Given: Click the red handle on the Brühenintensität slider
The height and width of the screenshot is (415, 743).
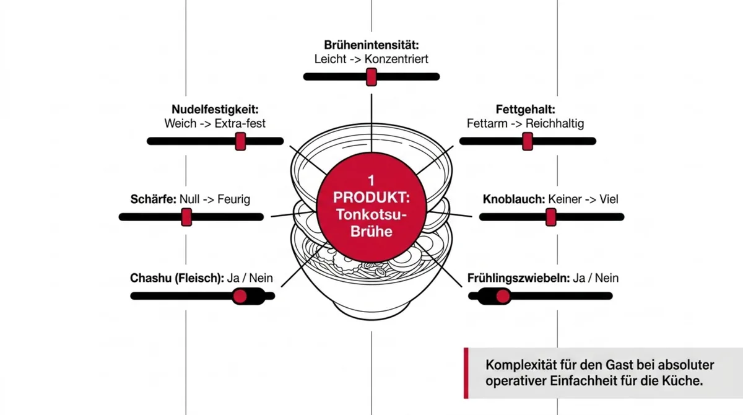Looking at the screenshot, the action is (x=371, y=77).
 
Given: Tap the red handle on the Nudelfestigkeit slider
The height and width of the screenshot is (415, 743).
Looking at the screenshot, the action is (x=240, y=141).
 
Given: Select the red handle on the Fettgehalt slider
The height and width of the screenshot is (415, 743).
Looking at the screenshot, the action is (x=528, y=141).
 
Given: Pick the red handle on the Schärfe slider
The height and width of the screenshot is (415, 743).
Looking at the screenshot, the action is (x=186, y=217).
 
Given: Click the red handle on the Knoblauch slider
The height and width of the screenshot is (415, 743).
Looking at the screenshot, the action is (x=550, y=217).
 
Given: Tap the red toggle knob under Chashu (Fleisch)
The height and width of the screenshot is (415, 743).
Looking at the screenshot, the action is (x=240, y=296).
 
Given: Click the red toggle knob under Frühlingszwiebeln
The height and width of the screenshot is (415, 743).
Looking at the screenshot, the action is (x=503, y=296).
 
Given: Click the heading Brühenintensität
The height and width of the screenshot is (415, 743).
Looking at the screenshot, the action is (x=371, y=45).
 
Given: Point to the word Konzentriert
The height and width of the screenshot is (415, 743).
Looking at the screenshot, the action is (x=396, y=59).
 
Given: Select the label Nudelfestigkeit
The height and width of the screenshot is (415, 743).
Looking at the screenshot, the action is (x=215, y=109).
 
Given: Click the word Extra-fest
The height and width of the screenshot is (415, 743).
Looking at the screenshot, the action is (x=240, y=123).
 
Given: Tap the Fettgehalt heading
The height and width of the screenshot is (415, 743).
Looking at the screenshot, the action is (x=526, y=109).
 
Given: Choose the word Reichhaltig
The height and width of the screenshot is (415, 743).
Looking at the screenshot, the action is (x=555, y=123).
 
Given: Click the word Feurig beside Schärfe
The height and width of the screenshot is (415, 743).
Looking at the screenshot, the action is (x=234, y=199).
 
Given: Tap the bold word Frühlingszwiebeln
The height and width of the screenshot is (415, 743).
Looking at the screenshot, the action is (x=518, y=278).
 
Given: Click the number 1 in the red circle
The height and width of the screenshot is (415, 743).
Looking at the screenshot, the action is (x=371, y=181).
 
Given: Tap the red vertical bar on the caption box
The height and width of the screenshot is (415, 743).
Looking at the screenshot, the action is (x=466, y=373).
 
